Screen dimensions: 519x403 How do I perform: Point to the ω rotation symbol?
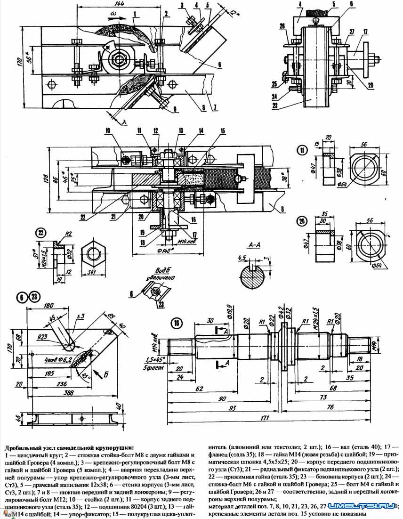point(113,15)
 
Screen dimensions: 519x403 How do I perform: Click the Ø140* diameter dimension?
point(168,244)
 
